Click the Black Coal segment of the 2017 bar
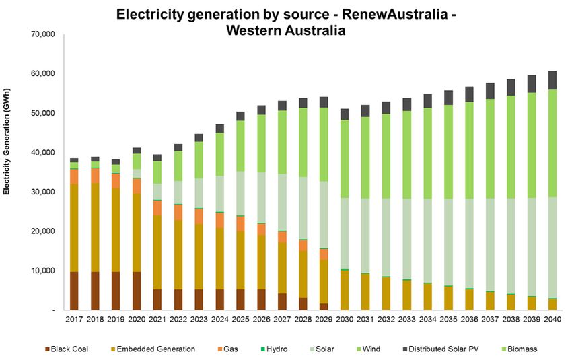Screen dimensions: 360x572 pyautogui.click(x=74, y=291)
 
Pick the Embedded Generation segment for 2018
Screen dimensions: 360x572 pyautogui.click(x=95, y=227)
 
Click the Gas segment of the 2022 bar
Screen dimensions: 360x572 pyautogui.click(x=178, y=212)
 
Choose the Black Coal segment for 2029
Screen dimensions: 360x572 pyautogui.click(x=324, y=306)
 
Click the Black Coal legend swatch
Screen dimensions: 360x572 pyautogui.click(x=48, y=349)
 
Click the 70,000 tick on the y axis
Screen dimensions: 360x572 pyautogui.click(x=42, y=34)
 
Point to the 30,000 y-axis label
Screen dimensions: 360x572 pyautogui.click(x=42, y=192)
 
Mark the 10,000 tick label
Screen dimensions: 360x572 pyautogui.click(x=42, y=271)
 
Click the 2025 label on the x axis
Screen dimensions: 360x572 pyautogui.click(x=240, y=320)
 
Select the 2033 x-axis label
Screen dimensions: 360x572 pyautogui.click(x=406, y=320)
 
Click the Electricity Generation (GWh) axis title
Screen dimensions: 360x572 pyautogui.click(x=7, y=152)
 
